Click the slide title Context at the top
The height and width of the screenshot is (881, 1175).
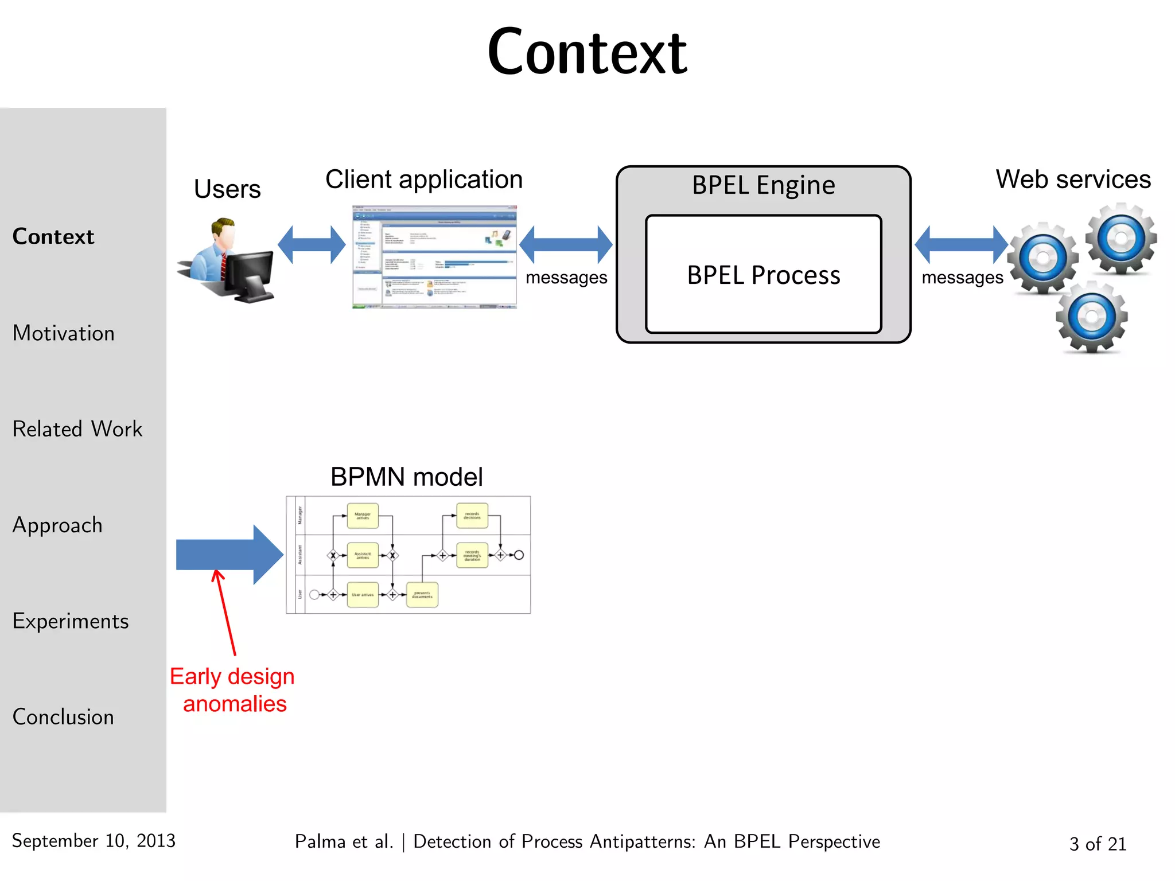click(x=586, y=53)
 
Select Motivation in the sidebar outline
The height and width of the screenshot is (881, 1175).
click(x=63, y=333)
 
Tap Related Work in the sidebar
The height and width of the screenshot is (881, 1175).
click(x=77, y=429)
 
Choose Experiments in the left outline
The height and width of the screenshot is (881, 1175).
click(x=70, y=621)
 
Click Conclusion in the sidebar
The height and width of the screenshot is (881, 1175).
click(x=63, y=717)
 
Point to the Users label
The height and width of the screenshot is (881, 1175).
click(x=227, y=189)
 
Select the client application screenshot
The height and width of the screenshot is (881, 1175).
click(x=434, y=257)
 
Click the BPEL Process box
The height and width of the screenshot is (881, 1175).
click(x=763, y=275)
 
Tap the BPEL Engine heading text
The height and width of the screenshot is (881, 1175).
click(x=763, y=185)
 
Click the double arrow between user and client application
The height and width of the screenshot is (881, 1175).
click(x=312, y=245)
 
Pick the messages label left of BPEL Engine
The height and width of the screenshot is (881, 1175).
click(x=566, y=278)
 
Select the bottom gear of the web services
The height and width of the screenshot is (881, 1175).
click(x=1092, y=317)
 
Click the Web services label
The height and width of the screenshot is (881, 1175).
click(x=1073, y=180)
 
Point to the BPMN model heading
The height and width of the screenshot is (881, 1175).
click(x=406, y=477)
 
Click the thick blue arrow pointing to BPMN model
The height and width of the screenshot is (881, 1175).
click(x=229, y=555)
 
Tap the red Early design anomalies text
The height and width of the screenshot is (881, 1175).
click(x=232, y=690)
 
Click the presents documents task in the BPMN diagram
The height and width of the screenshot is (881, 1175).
click(x=422, y=595)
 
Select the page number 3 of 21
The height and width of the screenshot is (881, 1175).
click(x=1098, y=844)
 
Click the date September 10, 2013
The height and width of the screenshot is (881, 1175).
click(x=94, y=841)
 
